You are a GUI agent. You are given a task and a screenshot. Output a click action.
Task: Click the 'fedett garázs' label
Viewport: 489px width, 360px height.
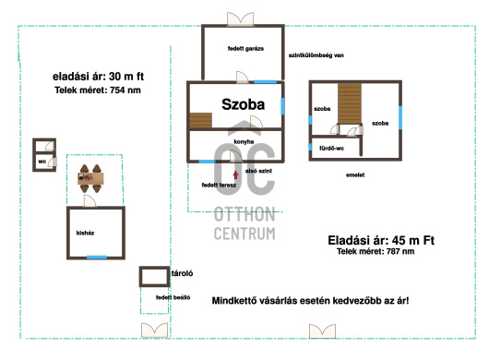(x=245, y=49)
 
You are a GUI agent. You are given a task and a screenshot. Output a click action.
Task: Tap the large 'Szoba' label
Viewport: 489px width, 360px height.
(x=244, y=104)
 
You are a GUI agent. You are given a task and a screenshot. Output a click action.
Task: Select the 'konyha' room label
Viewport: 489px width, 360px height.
(x=244, y=142)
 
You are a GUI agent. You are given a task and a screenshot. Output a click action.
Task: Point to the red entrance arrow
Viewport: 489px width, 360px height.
(x=236, y=175)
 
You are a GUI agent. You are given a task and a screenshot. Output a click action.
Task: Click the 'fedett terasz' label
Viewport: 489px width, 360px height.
(x=219, y=185)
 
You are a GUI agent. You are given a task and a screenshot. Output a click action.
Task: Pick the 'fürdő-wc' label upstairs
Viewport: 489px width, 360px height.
(x=331, y=149)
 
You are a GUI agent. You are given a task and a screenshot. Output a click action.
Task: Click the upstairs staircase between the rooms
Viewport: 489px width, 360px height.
(x=350, y=103)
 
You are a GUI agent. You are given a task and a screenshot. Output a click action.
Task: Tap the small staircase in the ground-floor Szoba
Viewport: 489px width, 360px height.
(x=201, y=120)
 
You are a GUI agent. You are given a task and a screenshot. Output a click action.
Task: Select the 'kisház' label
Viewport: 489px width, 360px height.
(x=85, y=233)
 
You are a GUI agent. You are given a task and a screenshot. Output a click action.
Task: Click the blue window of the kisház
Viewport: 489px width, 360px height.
(x=97, y=258)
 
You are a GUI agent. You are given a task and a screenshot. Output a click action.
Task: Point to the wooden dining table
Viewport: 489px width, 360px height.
(x=90, y=178)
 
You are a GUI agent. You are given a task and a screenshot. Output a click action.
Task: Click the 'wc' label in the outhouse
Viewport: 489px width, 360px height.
(x=42, y=162)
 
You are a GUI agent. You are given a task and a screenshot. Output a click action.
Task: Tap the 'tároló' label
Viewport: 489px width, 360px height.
(x=182, y=273)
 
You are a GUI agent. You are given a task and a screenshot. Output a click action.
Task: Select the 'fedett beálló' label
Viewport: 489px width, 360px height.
(x=173, y=297)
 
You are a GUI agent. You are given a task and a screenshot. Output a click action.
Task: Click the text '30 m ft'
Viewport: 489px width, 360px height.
(x=126, y=77)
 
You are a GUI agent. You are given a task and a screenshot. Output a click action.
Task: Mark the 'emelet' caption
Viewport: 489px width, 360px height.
(x=355, y=175)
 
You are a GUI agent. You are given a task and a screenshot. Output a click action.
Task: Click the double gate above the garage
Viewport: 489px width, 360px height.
(x=240, y=19)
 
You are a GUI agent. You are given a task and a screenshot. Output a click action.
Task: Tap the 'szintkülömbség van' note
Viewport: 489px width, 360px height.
(x=316, y=55)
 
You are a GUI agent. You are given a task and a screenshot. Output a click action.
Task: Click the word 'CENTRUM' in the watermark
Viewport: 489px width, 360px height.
(x=244, y=234)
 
